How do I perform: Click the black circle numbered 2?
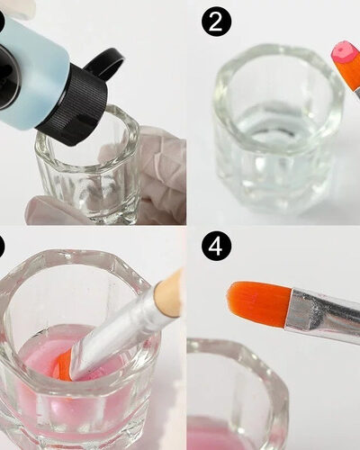[x=216, y=21]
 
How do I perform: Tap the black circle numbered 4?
[x=216, y=247]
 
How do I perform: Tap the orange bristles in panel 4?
[x=258, y=303]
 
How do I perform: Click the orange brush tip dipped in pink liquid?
[x=67, y=366]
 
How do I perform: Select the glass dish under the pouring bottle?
[x=88, y=168]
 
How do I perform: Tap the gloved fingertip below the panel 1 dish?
[x=54, y=210]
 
